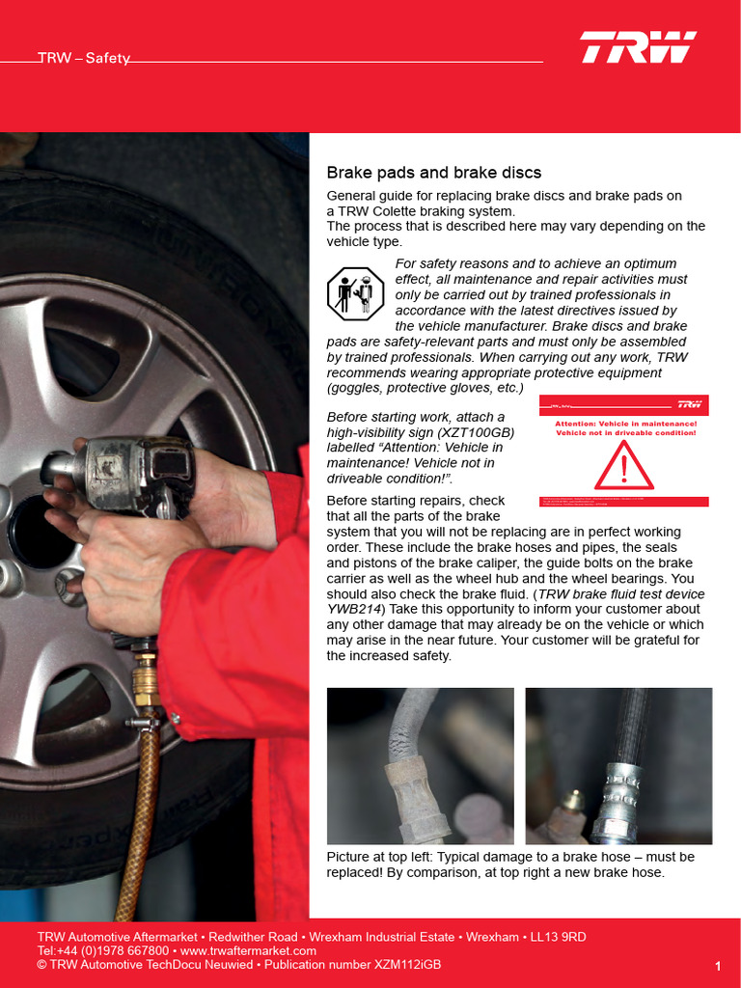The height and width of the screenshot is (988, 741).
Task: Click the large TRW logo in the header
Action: coord(638,47)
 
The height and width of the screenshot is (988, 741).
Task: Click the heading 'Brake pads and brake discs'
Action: coord(434,173)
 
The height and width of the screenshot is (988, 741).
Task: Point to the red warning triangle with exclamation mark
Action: coord(624,466)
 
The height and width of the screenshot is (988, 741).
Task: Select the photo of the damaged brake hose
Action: coord(421,766)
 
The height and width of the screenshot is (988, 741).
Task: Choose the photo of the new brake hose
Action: coord(618,766)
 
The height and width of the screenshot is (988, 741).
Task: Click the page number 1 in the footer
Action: coord(718,966)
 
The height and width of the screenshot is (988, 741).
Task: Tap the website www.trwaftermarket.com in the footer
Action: coord(248,950)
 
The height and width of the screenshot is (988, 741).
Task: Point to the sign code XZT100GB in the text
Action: coord(483,432)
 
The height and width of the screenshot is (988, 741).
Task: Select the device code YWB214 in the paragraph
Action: coord(356,609)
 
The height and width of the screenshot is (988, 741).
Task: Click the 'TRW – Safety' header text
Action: coord(84,58)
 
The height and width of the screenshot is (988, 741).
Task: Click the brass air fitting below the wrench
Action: coord(146,680)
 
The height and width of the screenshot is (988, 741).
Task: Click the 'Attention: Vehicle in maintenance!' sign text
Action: coord(625,424)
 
